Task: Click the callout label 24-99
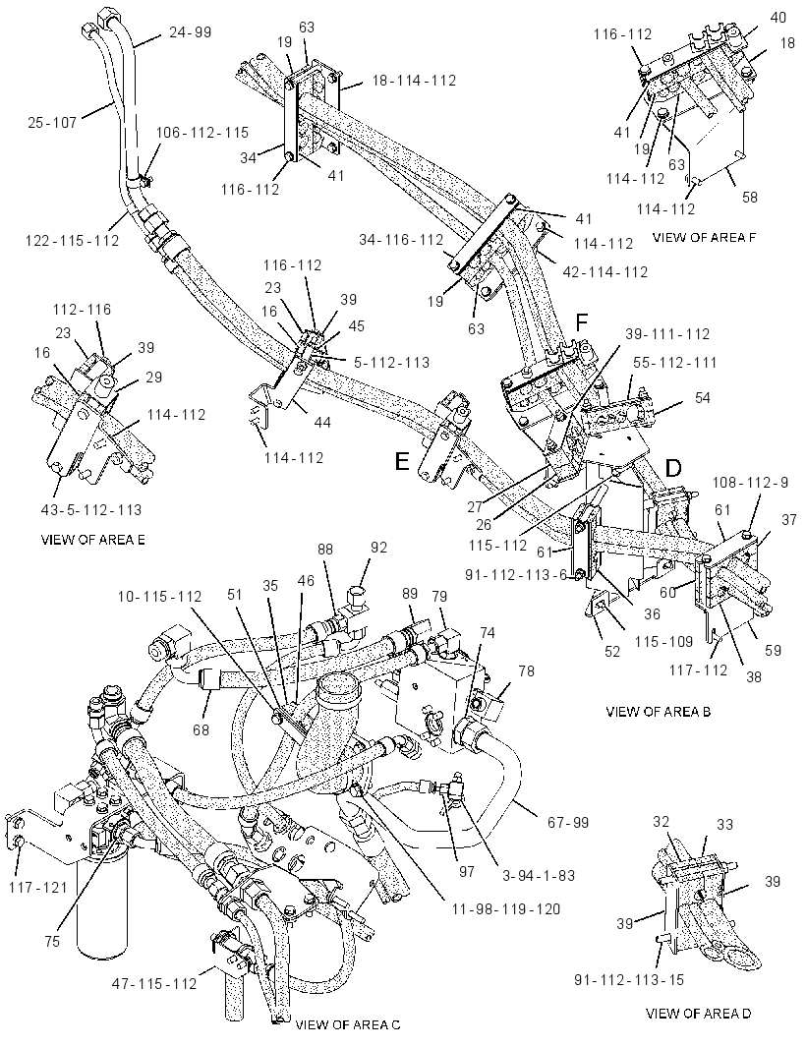tap(190, 31)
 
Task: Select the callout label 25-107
tap(52, 122)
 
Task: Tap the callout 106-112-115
tap(201, 133)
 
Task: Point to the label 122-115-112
tap(72, 239)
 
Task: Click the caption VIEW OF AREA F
tap(704, 237)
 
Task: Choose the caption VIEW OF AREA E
tap(93, 540)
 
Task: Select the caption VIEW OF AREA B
tap(658, 712)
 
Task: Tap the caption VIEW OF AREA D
tap(699, 1014)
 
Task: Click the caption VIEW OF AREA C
tap(348, 1024)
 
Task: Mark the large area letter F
tap(582, 322)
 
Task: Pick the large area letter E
tap(402, 462)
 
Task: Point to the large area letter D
tap(672, 469)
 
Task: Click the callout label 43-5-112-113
tap(90, 510)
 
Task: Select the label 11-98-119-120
tap(505, 908)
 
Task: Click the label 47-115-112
tap(154, 984)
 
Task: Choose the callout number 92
tap(378, 548)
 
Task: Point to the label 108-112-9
tap(750, 482)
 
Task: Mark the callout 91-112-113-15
tap(629, 980)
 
